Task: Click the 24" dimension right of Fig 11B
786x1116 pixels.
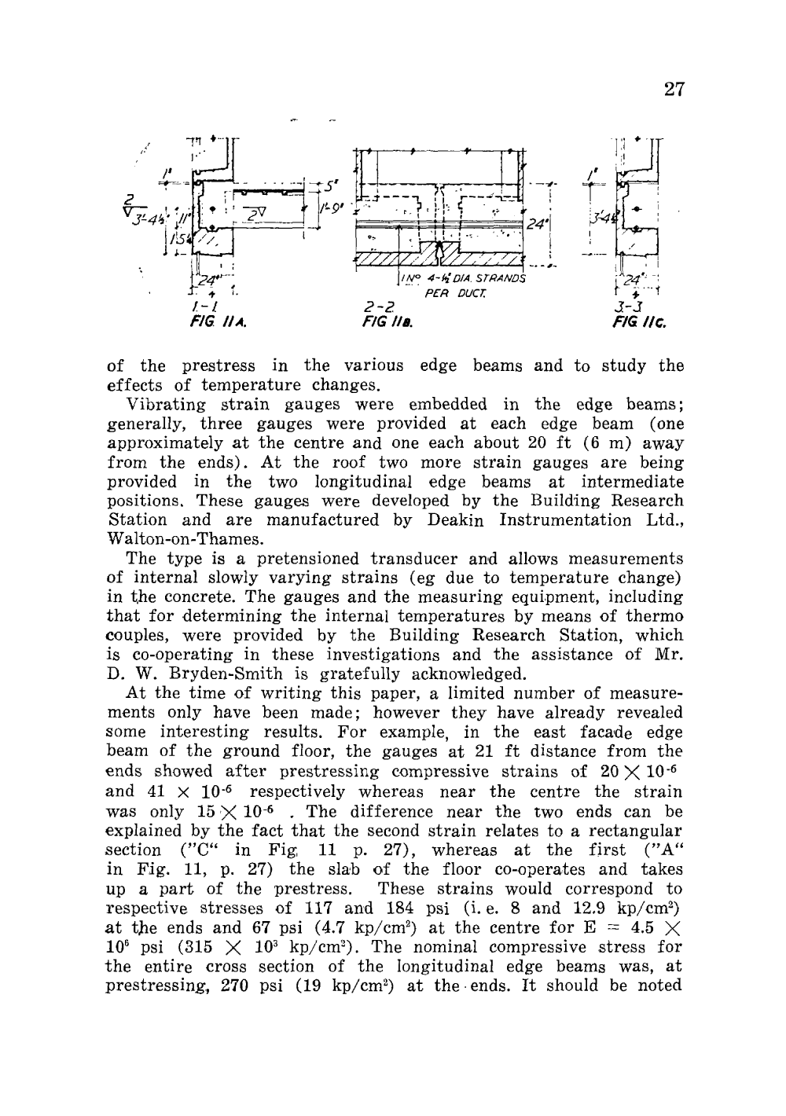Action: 538,225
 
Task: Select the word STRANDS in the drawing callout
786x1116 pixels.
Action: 501,278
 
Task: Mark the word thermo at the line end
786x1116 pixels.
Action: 656,616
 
